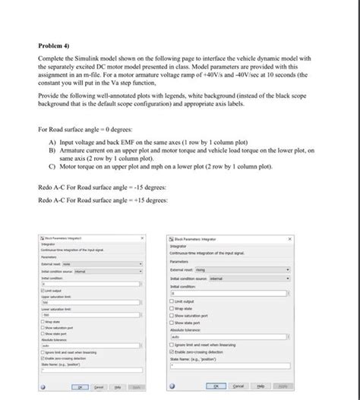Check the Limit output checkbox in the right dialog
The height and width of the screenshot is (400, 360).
click(172, 301)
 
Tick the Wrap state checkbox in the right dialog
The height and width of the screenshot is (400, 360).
click(172, 308)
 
